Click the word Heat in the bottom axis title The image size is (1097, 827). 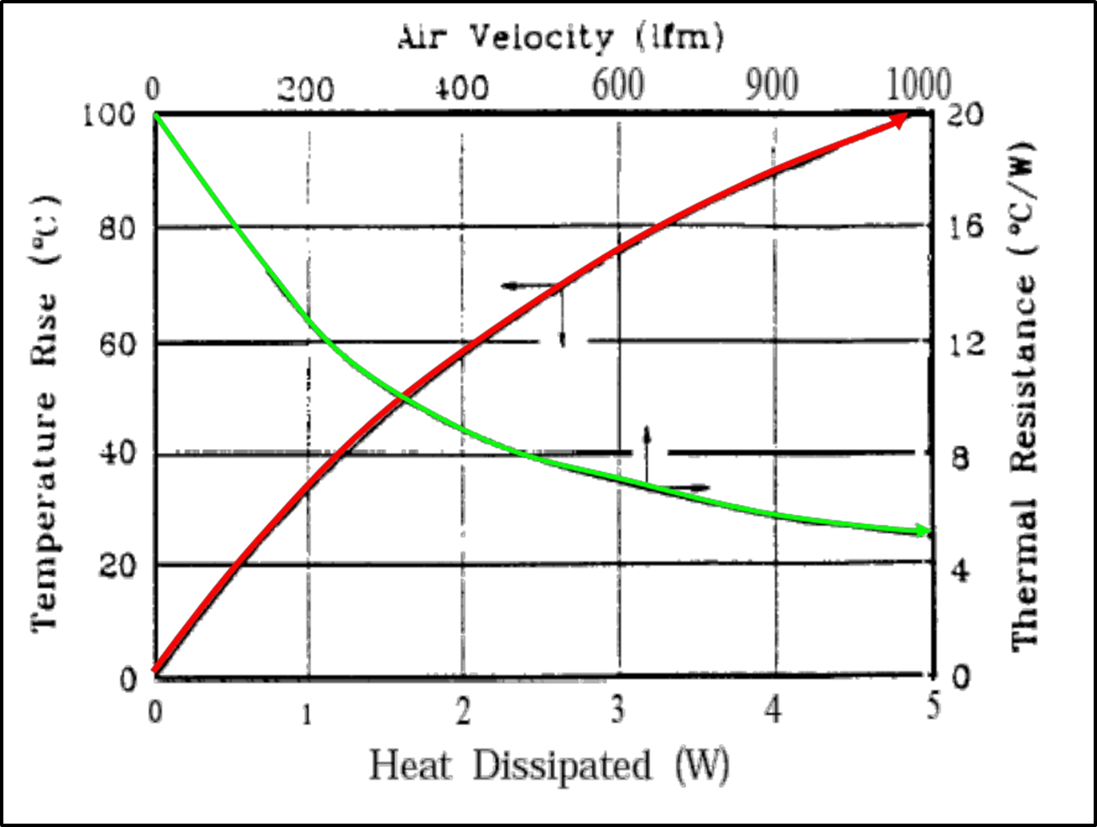click(x=410, y=766)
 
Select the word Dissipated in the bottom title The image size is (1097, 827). click(x=561, y=766)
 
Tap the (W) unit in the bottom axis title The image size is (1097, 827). click(x=702, y=766)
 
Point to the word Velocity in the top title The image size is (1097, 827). click(x=541, y=37)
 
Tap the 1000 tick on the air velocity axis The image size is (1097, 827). click(x=917, y=84)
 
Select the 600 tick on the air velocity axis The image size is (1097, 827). click(x=618, y=85)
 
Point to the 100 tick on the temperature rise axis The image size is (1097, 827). click(x=109, y=114)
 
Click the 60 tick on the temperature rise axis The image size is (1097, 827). click(x=118, y=343)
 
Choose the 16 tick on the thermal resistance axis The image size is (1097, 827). click(x=964, y=228)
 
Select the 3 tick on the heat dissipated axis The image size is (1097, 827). click(x=618, y=711)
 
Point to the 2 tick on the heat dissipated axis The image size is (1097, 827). click(x=463, y=711)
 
